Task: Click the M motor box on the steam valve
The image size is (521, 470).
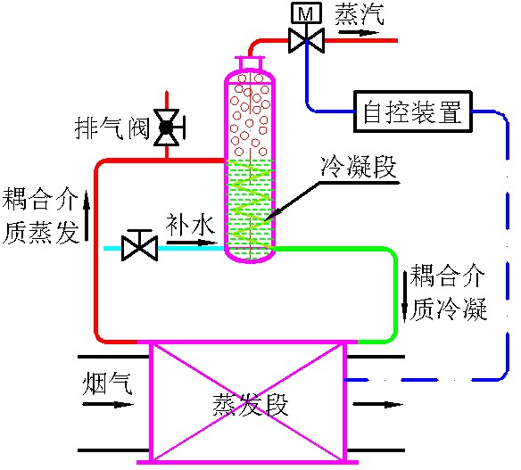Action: (306, 13)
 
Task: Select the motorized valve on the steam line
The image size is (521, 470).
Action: (306, 40)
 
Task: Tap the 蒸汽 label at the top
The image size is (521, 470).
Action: (360, 15)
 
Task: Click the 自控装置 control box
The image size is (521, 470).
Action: (413, 111)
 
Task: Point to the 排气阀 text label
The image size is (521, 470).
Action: (112, 128)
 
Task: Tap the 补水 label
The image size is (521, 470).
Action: (190, 224)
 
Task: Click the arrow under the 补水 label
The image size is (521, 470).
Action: (192, 243)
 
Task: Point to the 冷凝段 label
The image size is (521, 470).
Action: (360, 167)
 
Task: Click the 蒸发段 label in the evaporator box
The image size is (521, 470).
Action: (251, 405)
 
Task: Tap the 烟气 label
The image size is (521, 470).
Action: (107, 383)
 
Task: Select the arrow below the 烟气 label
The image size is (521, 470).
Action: (108, 405)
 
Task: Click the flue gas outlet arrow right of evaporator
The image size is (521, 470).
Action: (377, 405)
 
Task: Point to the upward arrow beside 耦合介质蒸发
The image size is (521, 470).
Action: (87, 216)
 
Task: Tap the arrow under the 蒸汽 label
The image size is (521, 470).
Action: (359, 32)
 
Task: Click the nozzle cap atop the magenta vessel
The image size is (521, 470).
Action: (250, 62)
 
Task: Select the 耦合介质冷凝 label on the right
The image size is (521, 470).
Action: (448, 293)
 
